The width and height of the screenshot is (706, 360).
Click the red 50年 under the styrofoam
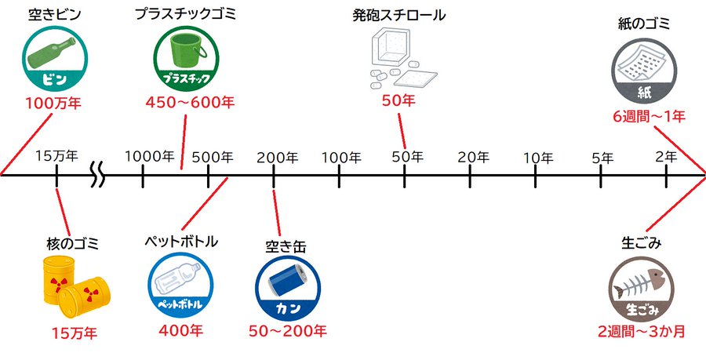(x=398, y=100)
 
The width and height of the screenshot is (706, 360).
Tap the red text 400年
(x=181, y=330)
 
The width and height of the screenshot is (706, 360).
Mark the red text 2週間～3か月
(x=642, y=331)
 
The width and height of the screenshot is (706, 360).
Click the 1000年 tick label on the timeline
(x=149, y=156)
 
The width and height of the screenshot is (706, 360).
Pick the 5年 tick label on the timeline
(x=602, y=157)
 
